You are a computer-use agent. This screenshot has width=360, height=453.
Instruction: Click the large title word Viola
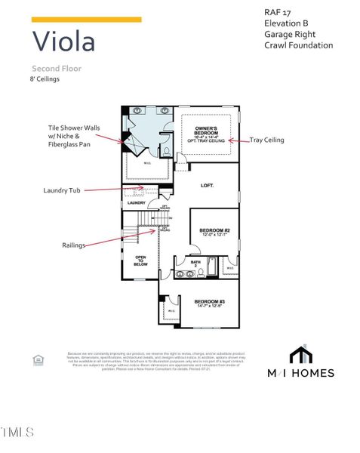point(64,41)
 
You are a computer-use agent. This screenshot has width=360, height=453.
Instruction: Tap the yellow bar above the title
point(86,20)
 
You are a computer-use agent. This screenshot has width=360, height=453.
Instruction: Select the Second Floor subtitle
point(57,69)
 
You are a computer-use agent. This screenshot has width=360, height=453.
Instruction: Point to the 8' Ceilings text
point(45,79)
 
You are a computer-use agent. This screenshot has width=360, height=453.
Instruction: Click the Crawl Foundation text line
point(298,45)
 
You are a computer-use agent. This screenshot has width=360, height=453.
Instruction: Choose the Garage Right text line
point(290,34)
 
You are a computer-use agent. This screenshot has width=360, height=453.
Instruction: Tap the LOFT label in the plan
point(208,185)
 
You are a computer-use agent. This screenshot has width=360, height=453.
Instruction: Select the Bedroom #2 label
point(214,231)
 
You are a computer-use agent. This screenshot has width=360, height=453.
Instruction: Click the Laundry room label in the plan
point(137,202)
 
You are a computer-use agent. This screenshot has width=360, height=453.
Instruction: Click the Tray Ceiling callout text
point(267,140)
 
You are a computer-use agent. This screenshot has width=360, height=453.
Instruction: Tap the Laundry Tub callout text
point(62,191)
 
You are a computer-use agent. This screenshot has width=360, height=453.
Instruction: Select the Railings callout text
point(74,245)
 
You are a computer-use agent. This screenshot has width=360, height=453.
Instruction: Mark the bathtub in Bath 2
point(213,266)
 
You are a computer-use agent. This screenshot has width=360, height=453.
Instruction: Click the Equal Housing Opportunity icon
point(38,360)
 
